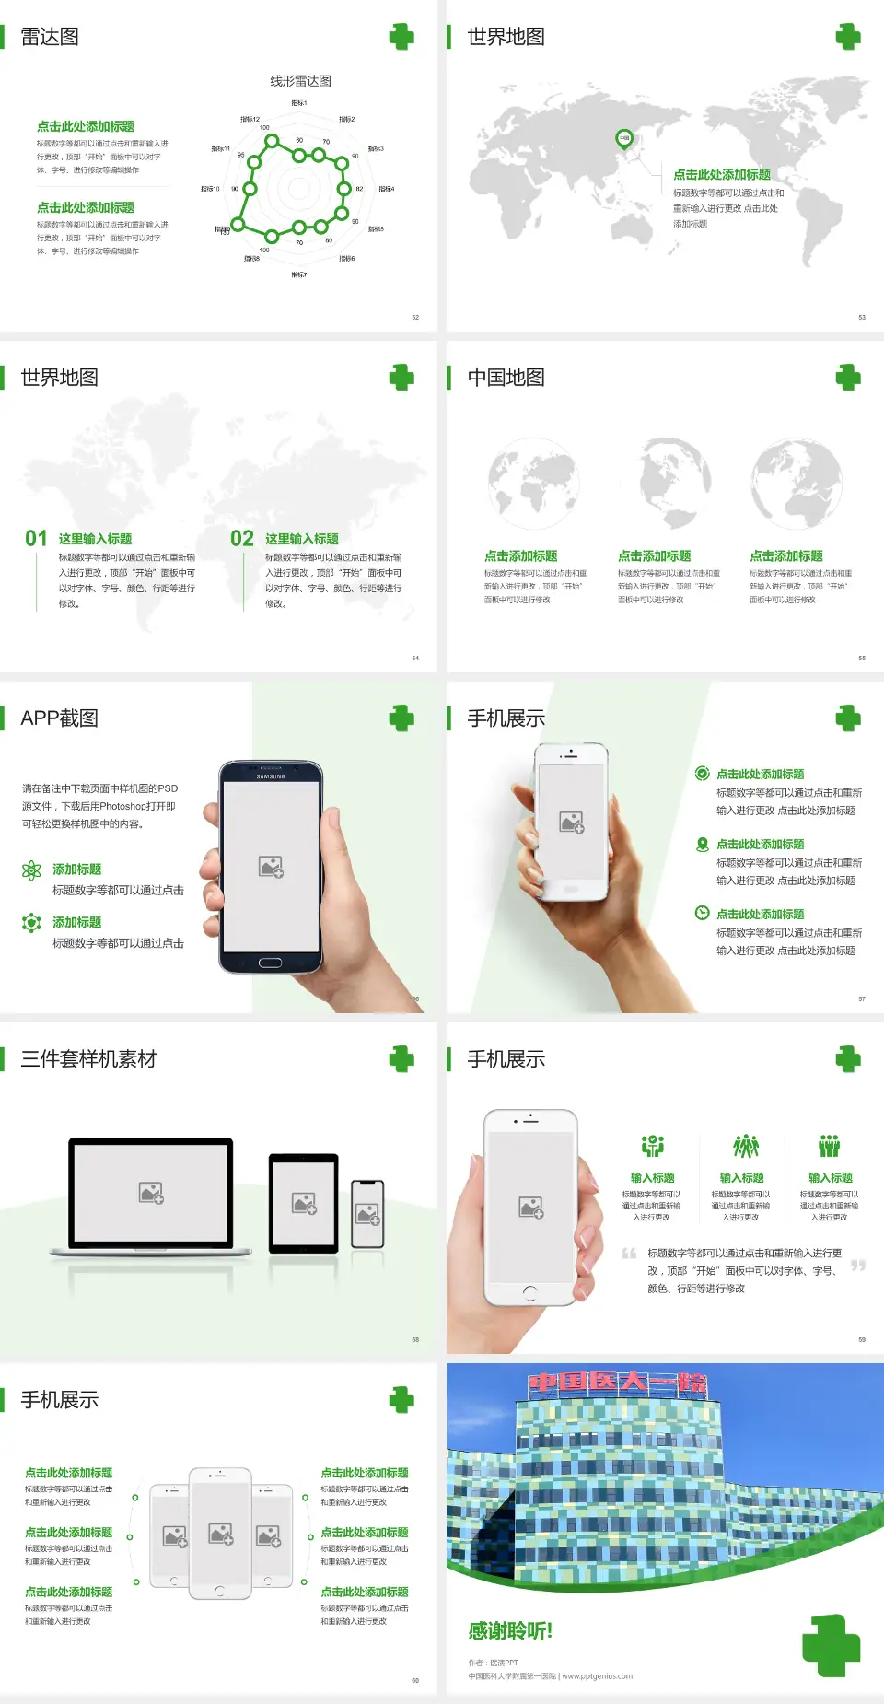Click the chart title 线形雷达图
point(300,81)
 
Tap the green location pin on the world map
point(624,139)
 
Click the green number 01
point(36,539)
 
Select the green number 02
point(242,539)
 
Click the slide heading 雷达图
point(50,37)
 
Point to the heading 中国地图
point(506,378)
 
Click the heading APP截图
point(59,718)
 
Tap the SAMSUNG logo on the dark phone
point(271,776)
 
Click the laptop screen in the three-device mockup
point(151,1192)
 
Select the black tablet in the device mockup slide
point(304,1203)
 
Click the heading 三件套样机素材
point(88,1059)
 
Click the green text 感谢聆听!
point(510,1631)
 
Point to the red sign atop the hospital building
point(617,1383)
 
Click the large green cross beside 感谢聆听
point(831,1645)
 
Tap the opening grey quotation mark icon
point(629,1254)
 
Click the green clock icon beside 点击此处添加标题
point(702,913)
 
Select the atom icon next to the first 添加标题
point(31,870)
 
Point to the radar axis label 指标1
point(299,103)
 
